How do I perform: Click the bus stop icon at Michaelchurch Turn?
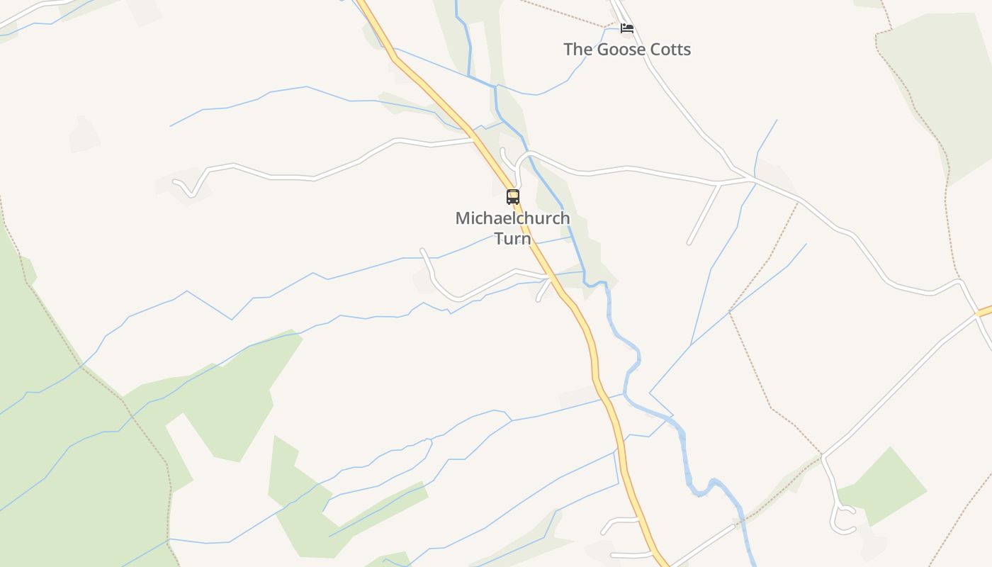513,196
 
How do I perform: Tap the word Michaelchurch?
512,218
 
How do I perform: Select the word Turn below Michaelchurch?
512,238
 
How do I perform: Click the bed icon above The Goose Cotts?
626,28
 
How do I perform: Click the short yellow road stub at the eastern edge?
984,311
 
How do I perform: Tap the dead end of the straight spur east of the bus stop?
689,242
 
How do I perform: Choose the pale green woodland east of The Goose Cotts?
935,85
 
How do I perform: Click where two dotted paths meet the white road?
822,454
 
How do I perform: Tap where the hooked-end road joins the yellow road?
473,140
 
